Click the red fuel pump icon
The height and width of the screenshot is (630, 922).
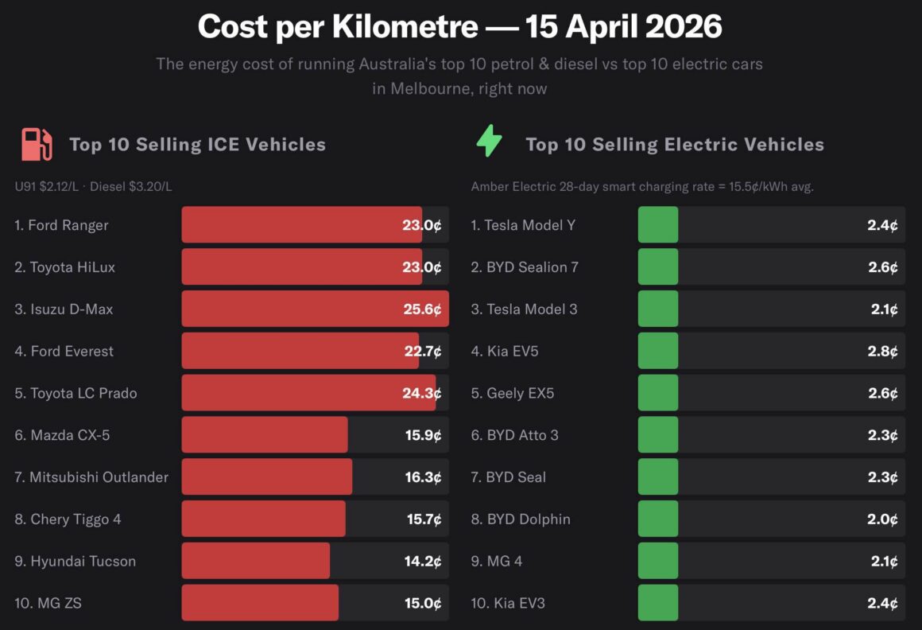coord(37,144)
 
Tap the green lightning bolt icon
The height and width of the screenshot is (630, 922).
coord(489,142)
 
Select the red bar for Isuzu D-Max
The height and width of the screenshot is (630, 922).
coord(315,309)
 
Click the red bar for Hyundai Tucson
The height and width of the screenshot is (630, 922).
coord(255,561)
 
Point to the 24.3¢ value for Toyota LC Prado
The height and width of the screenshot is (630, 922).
coord(422,393)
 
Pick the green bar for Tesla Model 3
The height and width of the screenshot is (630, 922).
coord(658,309)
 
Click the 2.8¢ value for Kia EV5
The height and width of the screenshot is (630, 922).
coord(882,351)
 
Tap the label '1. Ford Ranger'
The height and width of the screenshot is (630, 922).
coord(61,225)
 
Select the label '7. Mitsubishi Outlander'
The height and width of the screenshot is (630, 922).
coord(91,477)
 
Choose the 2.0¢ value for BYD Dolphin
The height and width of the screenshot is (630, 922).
coord(882,519)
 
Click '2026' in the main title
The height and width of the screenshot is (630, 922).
coord(684,27)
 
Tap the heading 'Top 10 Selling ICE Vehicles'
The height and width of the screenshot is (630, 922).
coord(197,144)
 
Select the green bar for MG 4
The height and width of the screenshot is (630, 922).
coord(658,561)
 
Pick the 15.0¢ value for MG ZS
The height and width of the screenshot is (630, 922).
coord(423,603)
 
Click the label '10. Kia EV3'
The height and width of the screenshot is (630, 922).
coord(508,603)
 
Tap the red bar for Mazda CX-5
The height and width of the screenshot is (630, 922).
coord(264,435)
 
